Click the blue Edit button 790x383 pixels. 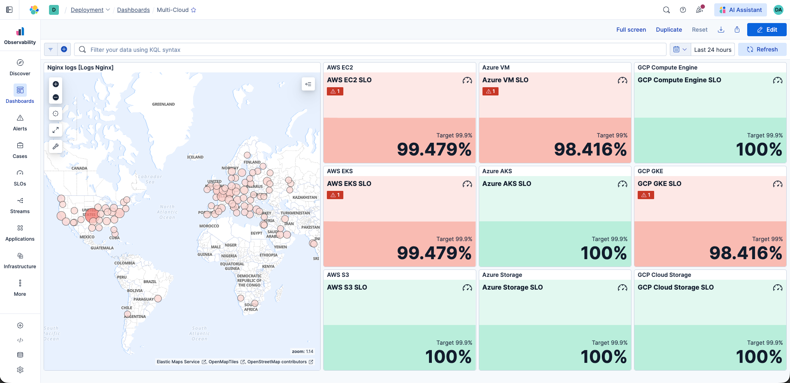click(x=767, y=30)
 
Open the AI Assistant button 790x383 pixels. click(x=740, y=10)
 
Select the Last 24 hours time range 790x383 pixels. click(x=713, y=50)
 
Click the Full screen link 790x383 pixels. click(x=631, y=30)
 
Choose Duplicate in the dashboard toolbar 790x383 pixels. click(x=669, y=30)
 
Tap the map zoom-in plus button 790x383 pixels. click(x=56, y=84)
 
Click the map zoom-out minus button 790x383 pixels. click(x=56, y=97)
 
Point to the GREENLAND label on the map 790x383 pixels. click(x=163, y=104)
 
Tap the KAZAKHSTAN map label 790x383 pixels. click(x=305, y=197)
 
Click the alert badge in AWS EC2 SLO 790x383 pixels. click(x=335, y=91)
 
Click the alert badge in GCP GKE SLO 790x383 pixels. click(x=646, y=195)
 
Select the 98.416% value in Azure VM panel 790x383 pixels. click(x=590, y=149)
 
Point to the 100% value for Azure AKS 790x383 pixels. click(x=604, y=253)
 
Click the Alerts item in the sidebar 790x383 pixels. click(x=20, y=123)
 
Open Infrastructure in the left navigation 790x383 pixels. click(x=20, y=260)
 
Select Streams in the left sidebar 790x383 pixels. click(x=20, y=205)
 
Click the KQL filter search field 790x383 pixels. click(x=371, y=50)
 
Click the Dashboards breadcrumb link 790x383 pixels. click(x=133, y=10)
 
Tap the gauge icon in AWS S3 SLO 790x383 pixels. click(x=467, y=288)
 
